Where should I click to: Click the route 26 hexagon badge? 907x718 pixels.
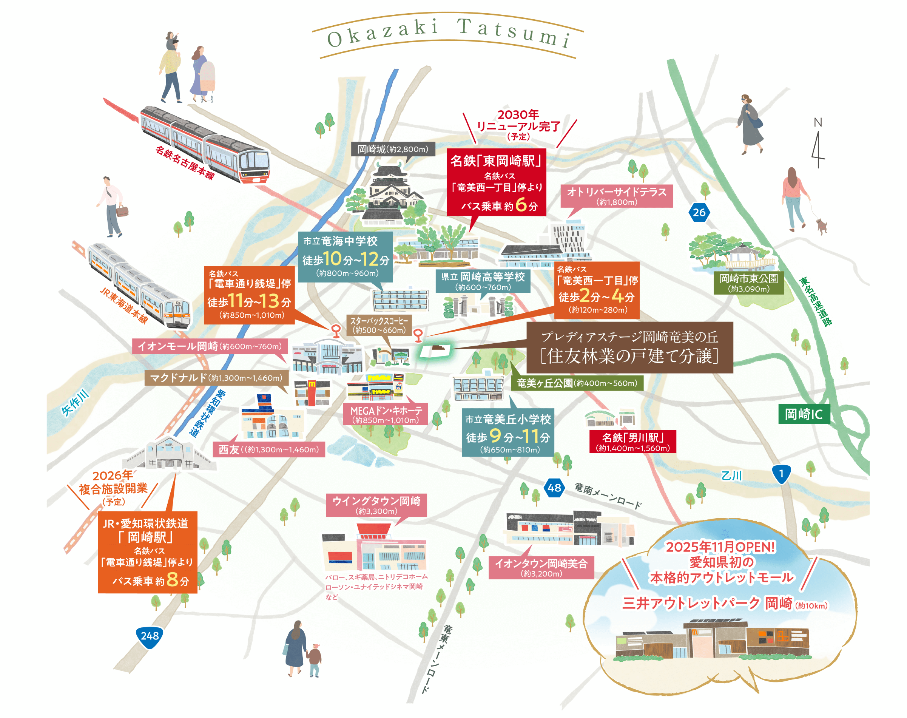pos(699,212)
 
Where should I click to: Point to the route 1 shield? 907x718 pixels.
pos(781,474)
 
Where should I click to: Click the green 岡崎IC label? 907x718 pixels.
pos(803,414)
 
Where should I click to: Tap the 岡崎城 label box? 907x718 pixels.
pos(393,149)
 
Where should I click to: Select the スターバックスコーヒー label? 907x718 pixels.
pos(379,325)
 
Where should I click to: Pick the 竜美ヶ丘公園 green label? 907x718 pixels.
pos(576,383)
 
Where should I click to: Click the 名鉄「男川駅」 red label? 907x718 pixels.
pos(632,442)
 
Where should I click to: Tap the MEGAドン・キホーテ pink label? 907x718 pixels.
pos(386,414)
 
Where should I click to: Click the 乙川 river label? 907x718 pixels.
pos(731,476)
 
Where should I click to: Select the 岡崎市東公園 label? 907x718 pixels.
pos(748,283)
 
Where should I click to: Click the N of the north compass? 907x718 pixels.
pos(818,122)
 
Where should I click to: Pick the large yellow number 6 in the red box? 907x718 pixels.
pos(521,205)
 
